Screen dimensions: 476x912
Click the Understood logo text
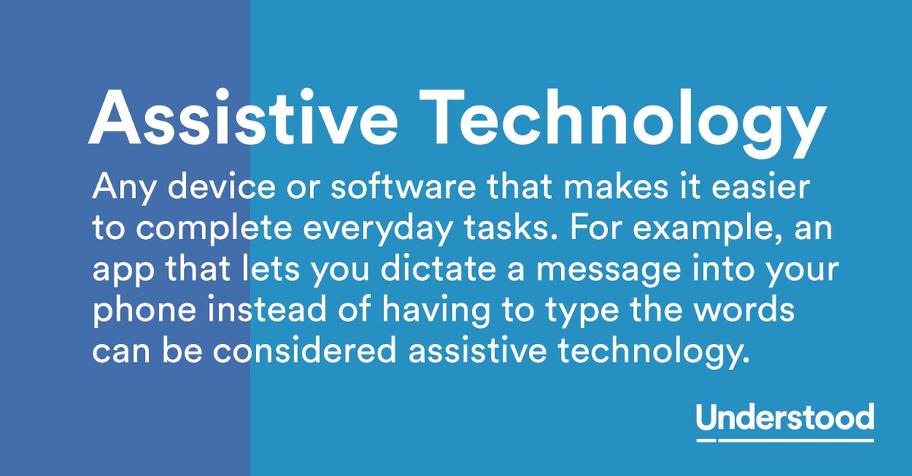click(x=784, y=418)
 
